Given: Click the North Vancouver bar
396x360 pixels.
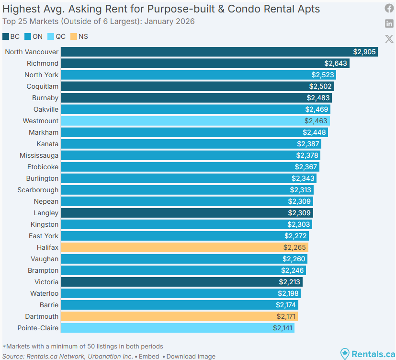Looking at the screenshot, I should tap(219, 52).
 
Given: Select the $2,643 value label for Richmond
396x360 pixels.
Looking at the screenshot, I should tap(336, 63).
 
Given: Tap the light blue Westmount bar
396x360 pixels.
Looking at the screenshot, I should tap(195, 121).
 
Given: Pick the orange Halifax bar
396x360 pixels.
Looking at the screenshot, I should tap(184, 247).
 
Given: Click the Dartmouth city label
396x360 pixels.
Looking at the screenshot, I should tap(42, 316).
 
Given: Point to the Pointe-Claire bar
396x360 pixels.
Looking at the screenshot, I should tap(178, 328).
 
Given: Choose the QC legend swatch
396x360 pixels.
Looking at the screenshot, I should tap(50, 36).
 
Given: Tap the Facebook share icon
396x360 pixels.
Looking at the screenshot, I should tap(389, 8).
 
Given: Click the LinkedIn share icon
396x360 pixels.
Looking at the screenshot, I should tap(389, 23).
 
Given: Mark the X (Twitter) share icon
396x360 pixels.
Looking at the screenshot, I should tap(389, 39).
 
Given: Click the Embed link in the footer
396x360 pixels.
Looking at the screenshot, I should tap(149, 356).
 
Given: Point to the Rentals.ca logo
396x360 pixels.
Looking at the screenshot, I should tap(367, 354).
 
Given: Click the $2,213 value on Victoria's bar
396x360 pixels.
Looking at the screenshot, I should tap(290, 282).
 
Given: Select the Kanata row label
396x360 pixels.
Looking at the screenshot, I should tap(47, 144).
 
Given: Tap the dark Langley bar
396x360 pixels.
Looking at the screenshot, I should tap(187, 213).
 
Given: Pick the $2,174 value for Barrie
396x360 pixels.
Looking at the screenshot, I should tap(286, 305).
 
